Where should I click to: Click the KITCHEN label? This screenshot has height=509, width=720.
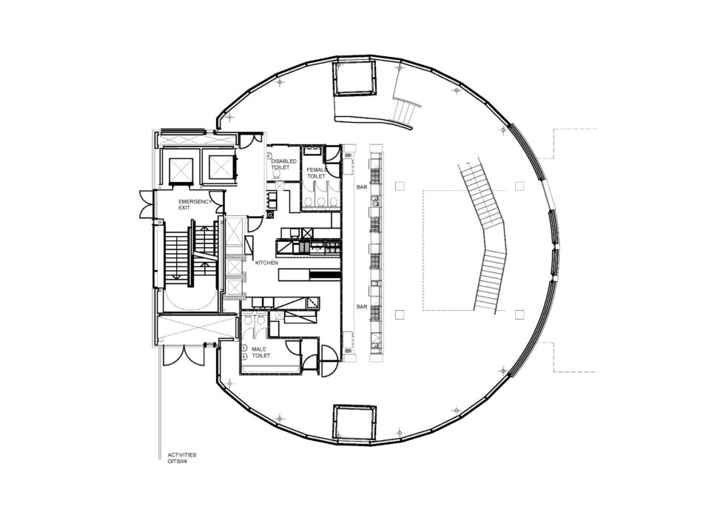tap(266, 263)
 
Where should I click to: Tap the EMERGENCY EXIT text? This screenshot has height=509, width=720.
tap(195, 204)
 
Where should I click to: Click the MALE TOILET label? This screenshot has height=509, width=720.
tap(260, 352)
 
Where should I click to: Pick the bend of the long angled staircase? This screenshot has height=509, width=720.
tap(495, 238)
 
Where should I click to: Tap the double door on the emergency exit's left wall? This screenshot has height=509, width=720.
tap(147, 206)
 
